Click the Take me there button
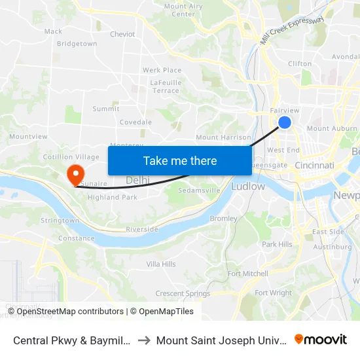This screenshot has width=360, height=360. (x=180, y=161)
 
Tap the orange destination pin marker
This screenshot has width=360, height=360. (x=76, y=174)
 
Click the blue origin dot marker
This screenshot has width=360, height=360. (x=285, y=122)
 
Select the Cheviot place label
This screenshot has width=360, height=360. (x=122, y=34)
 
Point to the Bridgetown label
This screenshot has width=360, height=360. (x=77, y=44)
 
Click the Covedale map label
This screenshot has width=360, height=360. (x=135, y=122)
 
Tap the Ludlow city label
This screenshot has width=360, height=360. (x=248, y=187)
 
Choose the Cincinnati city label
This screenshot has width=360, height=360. (x=315, y=166)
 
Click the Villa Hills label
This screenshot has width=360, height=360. (x=161, y=264)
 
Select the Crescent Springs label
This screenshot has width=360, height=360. (x=183, y=293)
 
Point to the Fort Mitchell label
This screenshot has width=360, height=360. (x=247, y=274)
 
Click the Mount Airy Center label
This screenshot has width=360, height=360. (x=183, y=10)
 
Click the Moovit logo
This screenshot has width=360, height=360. (x=321, y=339)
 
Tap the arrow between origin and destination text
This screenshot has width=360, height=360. (x=143, y=340)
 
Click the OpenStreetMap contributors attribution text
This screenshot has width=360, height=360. (x=70, y=312)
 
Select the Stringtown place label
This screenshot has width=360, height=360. (x=60, y=221)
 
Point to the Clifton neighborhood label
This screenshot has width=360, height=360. (x=300, y=63)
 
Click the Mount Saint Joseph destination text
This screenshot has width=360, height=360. (x=221, y=340)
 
